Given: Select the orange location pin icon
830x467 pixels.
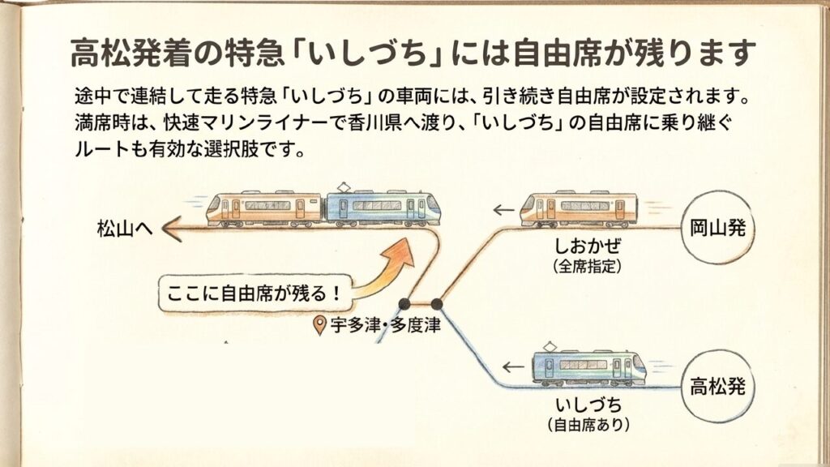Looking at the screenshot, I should coord(320,327).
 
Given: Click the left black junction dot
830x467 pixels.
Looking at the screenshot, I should coord(404,304).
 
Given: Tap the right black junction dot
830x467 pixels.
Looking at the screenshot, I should coord(437,304).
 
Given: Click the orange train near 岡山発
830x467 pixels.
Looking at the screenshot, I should coord(578,209).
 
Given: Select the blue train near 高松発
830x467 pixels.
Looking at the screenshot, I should coord(588,366).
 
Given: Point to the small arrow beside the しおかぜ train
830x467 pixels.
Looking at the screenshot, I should coord(503,212).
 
